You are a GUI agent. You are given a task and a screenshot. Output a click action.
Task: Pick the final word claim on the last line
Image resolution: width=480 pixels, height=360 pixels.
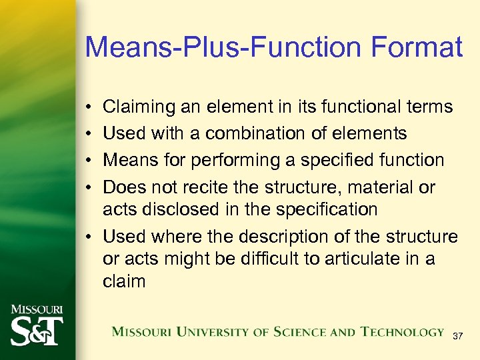pos(124,281)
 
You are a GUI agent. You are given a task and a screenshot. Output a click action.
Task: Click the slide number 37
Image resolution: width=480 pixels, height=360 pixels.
pos(457,337)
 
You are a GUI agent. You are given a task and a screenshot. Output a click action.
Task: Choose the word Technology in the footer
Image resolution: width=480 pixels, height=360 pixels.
pos(402,331)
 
